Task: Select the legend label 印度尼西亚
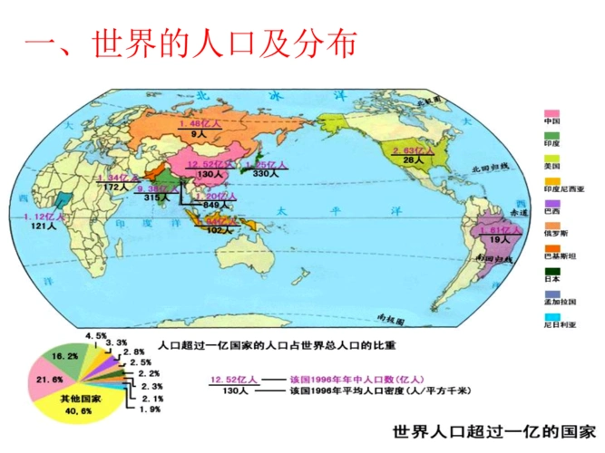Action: point(564,189)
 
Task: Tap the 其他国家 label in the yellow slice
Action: point(77,399)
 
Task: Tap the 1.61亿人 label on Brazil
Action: point(497,230)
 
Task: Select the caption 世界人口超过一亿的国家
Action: point(494,430)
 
